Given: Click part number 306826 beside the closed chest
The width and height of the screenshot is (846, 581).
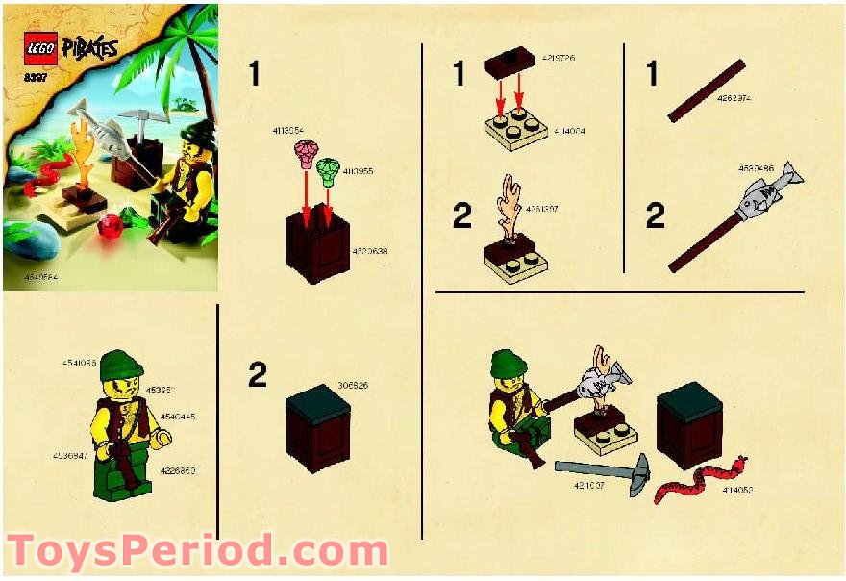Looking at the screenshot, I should (352, 385).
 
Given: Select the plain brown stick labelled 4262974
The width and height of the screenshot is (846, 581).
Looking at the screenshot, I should (707, 90).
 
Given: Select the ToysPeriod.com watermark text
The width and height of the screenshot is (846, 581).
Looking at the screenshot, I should (198, 551).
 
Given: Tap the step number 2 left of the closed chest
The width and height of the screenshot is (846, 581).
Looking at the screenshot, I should (257, 374).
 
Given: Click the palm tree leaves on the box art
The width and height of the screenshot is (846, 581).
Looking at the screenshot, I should (187, 38).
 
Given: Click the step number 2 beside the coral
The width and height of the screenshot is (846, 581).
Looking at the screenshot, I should (462, 216).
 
